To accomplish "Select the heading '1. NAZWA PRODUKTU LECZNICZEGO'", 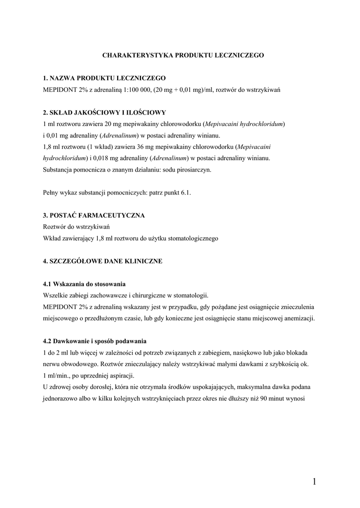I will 104,78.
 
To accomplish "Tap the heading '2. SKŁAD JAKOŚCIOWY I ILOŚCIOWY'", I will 105,113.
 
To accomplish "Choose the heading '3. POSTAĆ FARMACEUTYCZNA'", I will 94,215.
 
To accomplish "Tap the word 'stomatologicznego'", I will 193,238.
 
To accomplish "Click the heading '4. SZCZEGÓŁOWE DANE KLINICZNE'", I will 103,261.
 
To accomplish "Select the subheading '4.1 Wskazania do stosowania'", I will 84,284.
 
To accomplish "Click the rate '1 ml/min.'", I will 56,376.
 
